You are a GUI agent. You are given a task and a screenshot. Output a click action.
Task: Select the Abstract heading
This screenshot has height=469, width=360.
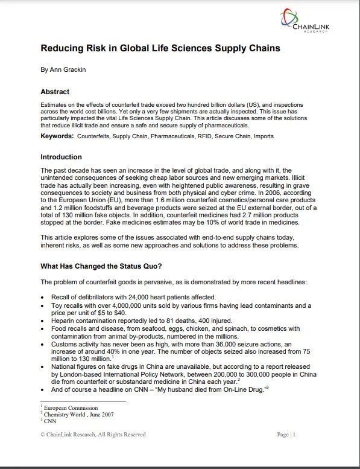(x=55, y=92)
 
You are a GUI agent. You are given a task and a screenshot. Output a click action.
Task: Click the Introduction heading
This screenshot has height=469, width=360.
(x=61, y=157)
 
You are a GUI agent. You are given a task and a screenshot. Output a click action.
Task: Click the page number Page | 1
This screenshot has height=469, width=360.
(x=285, y=435)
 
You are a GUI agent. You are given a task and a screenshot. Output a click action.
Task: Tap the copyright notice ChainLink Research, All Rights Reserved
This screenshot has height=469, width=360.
(x=93, y=435)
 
